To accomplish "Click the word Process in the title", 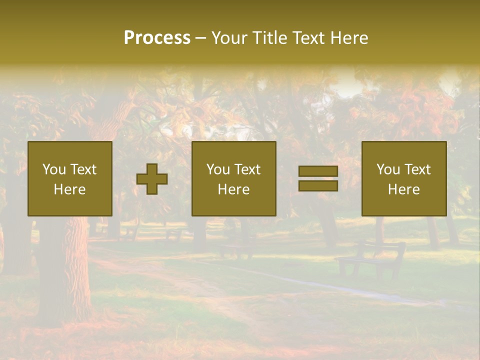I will click(157, 38).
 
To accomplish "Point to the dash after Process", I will click(201, 38).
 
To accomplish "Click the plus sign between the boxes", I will click(152, 179).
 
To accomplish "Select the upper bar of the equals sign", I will click(318, 171).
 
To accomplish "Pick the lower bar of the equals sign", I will click(318, 185).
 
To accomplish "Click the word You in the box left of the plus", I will click(54, 169).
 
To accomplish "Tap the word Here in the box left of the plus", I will click(69, 189).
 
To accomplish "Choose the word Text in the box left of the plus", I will click(83, 169).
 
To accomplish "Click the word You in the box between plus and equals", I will click(218, 169).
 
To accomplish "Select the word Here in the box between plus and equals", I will click(233, 189).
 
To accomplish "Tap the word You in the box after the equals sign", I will click(388, 169).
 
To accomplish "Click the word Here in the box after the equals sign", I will click(403, 189).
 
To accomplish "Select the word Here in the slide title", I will click(350, 38).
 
